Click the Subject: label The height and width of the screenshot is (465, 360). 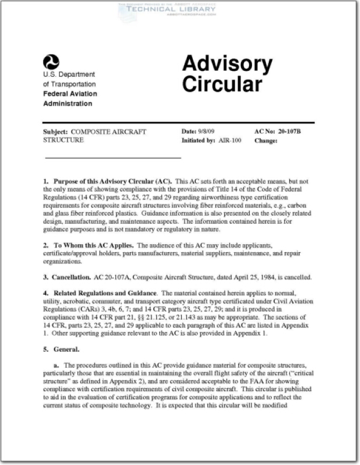[x=55, y=131]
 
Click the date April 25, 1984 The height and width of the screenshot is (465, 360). [x=276, y=277]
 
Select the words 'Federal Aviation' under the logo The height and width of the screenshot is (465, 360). [x=70, y=94]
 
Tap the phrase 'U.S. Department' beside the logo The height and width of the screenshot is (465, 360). [x=69, y=74]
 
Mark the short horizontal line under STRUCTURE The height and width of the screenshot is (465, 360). [x=113, y=158]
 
